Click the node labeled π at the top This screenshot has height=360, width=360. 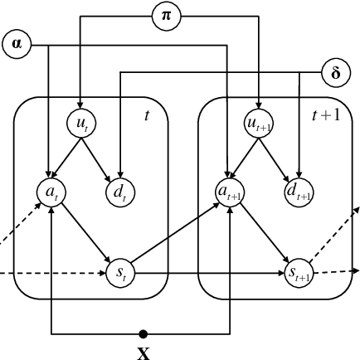[x=166, y=16]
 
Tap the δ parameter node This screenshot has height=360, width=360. [x=335, y=72]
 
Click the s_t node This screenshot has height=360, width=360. [x=119, y=270]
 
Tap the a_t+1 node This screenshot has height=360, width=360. [x=231, y=192]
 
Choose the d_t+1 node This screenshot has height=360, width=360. [x=299, y=192]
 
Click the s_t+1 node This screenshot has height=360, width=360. [x=299, y=270]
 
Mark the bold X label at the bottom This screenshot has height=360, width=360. [x=143, y=352]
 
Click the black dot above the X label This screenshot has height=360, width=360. [x=143, y=333]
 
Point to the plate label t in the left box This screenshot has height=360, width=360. [x=147, y=115]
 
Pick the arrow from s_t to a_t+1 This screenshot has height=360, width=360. [x=175, y=231]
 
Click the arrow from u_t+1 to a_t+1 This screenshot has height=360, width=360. [x=246, y=158]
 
